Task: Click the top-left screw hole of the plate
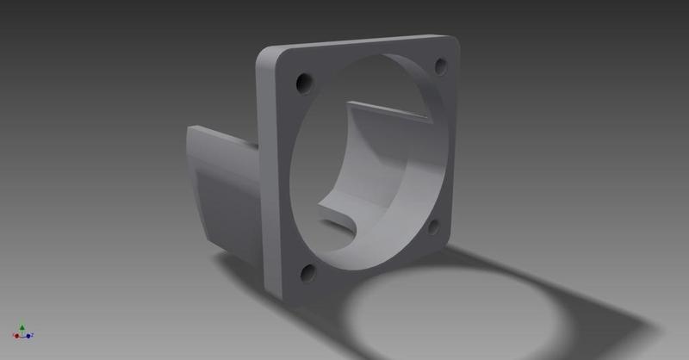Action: pyautogui.click(x=303, y=83)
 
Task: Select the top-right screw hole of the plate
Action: pyautogui.click(x=441, y=65)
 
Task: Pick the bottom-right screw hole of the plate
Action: pyautogui.click(x=432, y=227)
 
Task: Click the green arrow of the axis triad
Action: pyautogui.click(x=22, y=327)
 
